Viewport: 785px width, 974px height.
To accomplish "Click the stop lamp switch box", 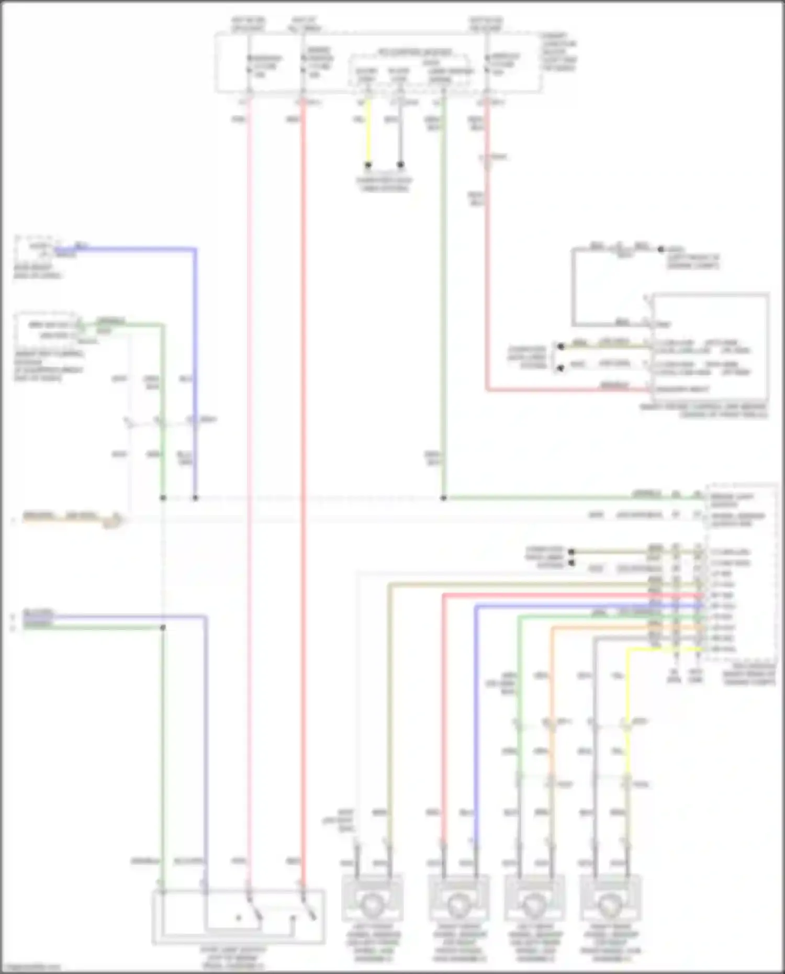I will [x=238, y=917].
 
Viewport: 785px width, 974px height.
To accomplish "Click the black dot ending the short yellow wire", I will [x=368, y=165].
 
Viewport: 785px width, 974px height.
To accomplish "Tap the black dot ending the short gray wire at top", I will [x=400, y=165].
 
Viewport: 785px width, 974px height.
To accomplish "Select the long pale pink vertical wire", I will [x=249, y=471].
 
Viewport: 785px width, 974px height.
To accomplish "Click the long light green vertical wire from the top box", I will [x=443, y=293].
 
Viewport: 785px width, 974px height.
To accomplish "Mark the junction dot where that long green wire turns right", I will [x=443, y=498].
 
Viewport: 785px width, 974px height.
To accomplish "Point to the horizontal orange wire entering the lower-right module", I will [x=602, y=628].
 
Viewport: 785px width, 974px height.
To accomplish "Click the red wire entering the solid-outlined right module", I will [x=565, y=389].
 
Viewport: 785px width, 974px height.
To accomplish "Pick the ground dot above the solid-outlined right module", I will [x=661, y=250].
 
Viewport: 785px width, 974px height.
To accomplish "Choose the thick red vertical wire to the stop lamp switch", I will [x=302, y=471].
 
